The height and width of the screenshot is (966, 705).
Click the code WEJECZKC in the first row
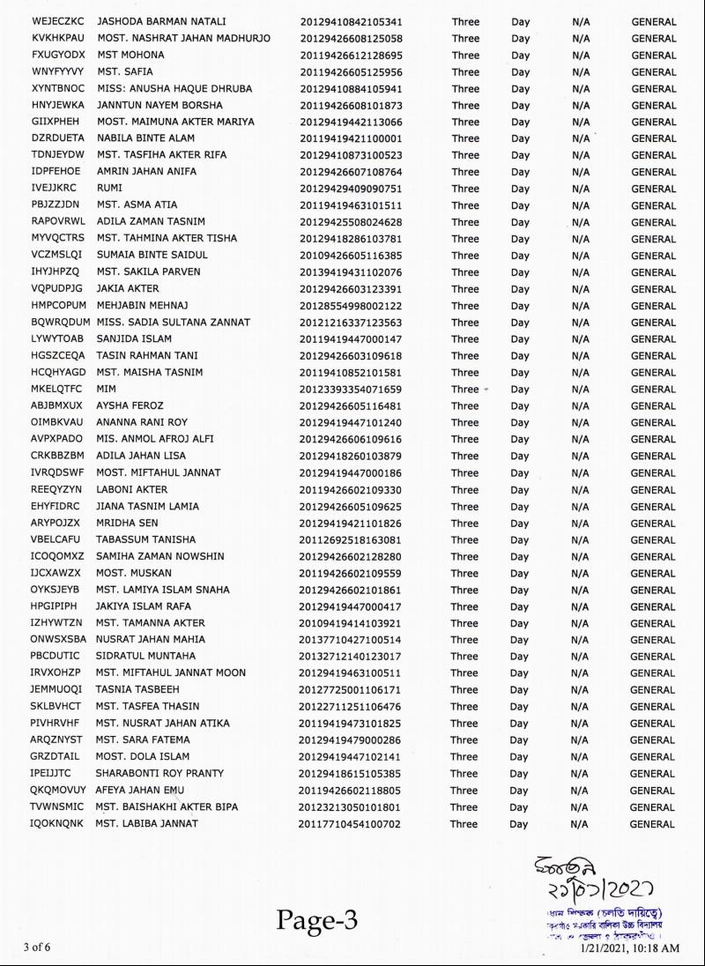(x=57, y=21)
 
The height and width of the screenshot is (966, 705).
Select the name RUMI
(x=110, y=188)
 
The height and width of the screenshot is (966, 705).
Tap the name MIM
(x=107, y=389)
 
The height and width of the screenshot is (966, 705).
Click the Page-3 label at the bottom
(x=317, y=920)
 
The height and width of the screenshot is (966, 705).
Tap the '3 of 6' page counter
(x=37, y=947)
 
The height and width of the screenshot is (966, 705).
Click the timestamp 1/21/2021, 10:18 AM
(x=629, y=948)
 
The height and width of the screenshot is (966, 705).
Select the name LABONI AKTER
(x=132, y=489)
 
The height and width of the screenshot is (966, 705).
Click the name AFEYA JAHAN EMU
(x=139, y=790)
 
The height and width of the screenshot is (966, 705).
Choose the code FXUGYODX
(x=58, y=55)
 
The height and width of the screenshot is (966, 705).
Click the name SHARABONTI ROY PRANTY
(x=160, y=773)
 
